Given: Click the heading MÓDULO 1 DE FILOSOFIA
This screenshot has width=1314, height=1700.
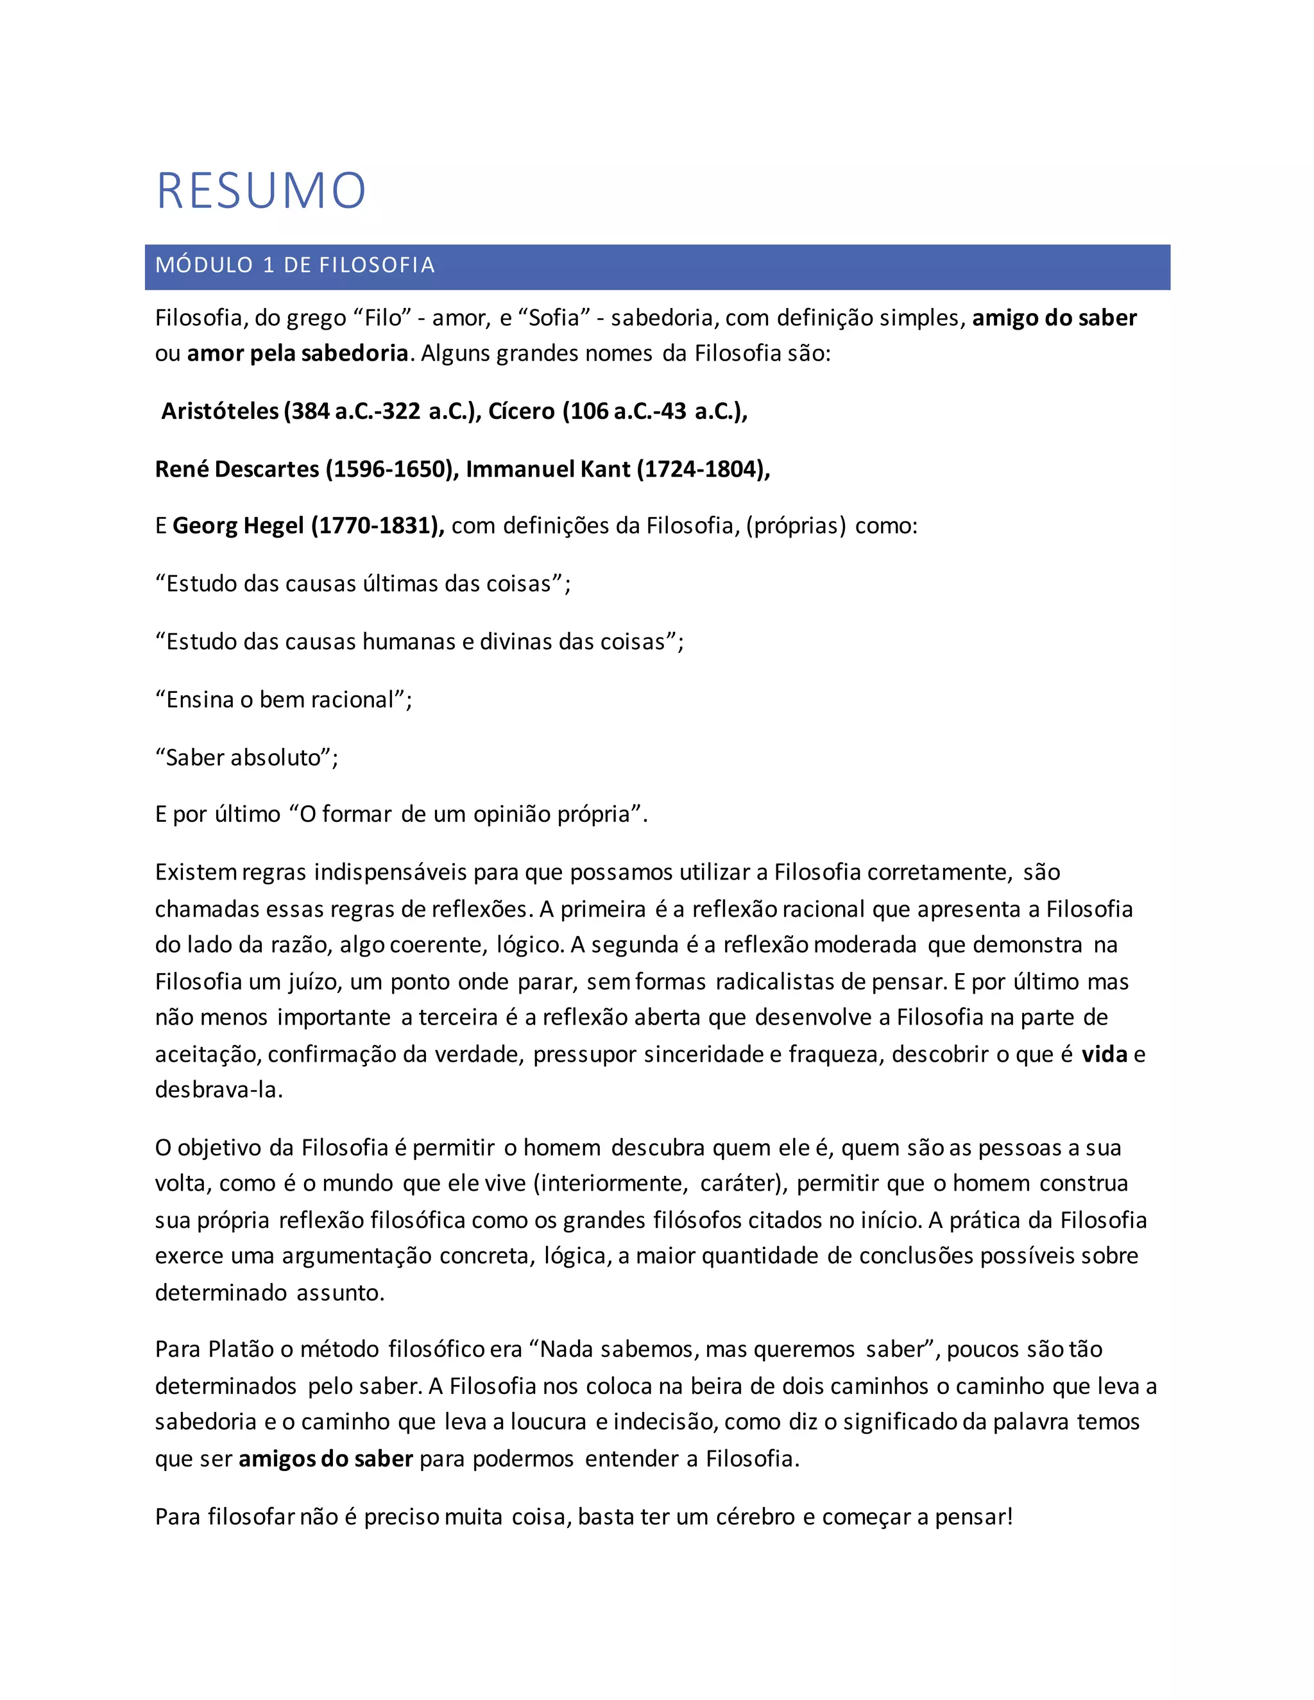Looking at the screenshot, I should click(295, 266).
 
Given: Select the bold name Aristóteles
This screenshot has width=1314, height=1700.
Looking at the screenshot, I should click(219, 411).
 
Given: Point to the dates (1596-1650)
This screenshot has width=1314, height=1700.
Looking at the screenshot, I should click(391, 470).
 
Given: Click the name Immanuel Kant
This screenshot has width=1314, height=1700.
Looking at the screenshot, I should click(548, 470).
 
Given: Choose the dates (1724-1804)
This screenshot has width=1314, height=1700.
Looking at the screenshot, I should click(703, 470).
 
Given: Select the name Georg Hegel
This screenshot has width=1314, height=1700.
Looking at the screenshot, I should click(237, 526).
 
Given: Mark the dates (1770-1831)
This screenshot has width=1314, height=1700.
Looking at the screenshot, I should click(377, 526).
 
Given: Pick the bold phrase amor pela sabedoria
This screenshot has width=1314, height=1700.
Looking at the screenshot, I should click(297, 353).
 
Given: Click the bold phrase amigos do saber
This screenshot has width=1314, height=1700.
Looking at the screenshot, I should click(325, 1458).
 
